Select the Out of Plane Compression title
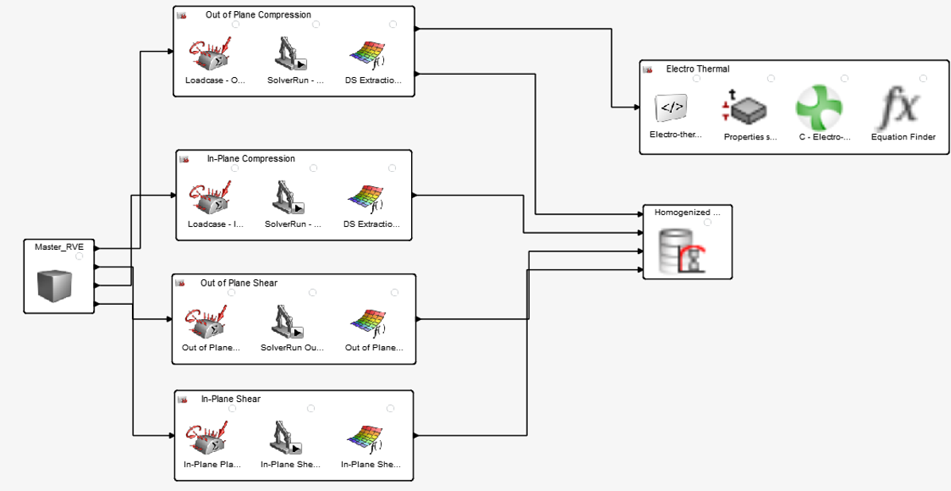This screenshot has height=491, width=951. coord(258,14)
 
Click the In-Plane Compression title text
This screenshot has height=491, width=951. coord(250,158)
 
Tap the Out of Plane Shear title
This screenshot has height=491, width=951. coord(239,283)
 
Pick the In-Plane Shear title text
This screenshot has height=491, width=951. coord(231,399)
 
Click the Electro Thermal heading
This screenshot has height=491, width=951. coord(697,69)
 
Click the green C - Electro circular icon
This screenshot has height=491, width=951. coord(825,108)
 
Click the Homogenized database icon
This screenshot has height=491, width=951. coord(686,250)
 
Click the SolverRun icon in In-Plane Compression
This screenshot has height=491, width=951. coord(291,198)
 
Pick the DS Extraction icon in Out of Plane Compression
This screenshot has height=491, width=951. coord(372,54)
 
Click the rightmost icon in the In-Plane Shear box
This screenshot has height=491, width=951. coord(370,438)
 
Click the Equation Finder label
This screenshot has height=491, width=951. coord(903,137)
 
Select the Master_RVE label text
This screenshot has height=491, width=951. coord(59,247)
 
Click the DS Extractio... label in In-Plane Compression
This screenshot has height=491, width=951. coord(371,224)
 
